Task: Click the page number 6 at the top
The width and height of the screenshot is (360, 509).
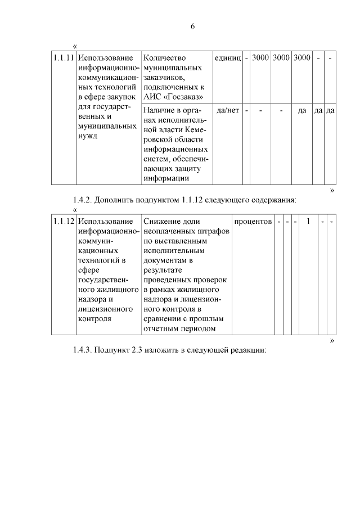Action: (x=192, y=26)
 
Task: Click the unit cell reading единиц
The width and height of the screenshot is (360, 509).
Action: (x=228, y=58)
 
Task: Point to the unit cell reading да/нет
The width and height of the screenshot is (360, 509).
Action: (x=228, y=110)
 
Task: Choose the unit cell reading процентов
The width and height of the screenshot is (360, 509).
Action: (x=253, y=222)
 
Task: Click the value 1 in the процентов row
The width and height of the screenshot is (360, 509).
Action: (x=308, y=222)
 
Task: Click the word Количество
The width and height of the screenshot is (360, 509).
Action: (x=165, y=58)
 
